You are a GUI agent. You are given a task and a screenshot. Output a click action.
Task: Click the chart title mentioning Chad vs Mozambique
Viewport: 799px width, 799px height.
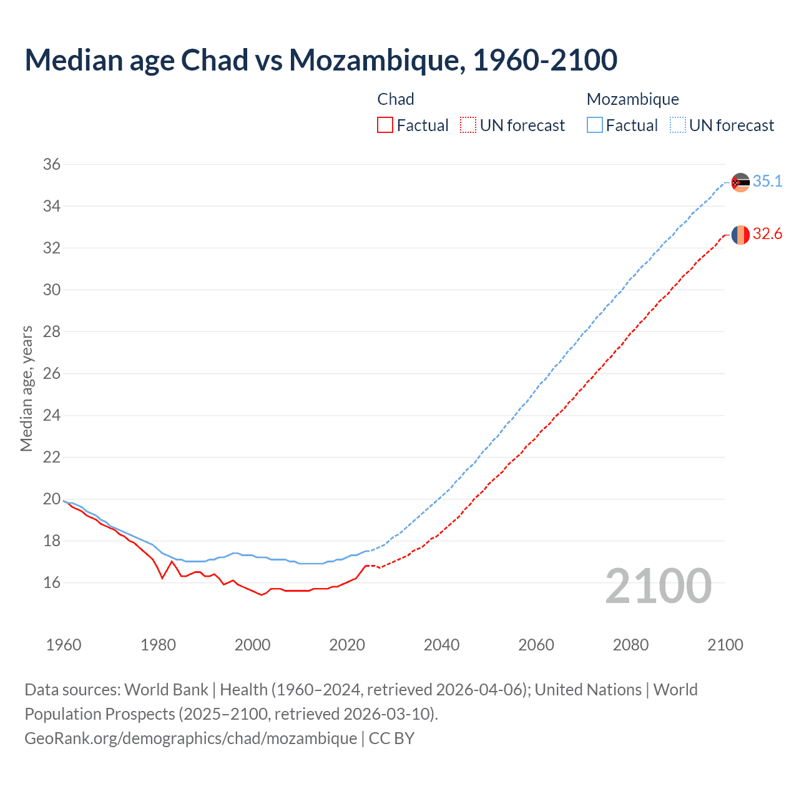(x=321, y=60)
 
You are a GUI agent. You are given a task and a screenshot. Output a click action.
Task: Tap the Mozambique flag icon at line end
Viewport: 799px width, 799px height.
(x=740, y=182)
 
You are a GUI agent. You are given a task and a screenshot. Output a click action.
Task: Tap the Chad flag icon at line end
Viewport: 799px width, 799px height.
(x=740, y=235)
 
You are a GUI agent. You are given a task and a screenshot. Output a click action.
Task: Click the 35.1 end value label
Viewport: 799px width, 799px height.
(x=767, y=181)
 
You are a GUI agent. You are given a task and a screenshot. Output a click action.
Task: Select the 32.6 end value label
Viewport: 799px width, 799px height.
(x=767, y=234)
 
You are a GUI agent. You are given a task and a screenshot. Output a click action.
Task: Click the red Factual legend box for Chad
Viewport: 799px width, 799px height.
(x=385, y=125)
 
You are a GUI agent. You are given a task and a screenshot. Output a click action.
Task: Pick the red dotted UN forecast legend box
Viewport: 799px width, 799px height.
(x=468, y=125)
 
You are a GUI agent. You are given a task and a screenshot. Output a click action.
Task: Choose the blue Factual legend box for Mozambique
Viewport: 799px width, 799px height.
(x=595, y=125)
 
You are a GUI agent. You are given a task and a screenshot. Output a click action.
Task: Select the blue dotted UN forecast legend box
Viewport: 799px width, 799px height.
(x=678, y=125)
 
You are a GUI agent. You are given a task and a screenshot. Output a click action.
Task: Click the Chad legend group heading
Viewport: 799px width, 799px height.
(x=396, y=99)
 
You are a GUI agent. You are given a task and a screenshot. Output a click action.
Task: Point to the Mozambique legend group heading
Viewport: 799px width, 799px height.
(x=632, y=99)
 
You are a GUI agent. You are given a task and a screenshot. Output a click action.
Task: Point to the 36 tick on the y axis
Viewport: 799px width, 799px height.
(x=52, y=165)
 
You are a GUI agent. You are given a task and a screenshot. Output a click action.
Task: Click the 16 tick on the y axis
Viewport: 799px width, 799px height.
(x=52, y=583)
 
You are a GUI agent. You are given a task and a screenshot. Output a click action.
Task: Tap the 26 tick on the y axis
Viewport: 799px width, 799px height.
(x=52, y=374)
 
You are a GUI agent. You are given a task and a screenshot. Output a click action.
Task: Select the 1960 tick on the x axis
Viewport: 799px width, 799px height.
(x=64, y=645)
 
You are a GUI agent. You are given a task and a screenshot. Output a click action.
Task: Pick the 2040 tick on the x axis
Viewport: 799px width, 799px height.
(x=441, y=645)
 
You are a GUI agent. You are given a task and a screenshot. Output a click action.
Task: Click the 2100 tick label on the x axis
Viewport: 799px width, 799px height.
(x=725, y=645)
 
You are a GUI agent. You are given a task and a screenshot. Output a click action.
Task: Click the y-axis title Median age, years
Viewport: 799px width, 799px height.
(x=26, y=388)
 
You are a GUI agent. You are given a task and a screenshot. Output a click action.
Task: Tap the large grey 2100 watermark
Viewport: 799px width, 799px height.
(x=659, y=586)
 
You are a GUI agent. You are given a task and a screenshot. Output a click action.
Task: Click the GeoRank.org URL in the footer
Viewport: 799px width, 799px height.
(x=190, y=738)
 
